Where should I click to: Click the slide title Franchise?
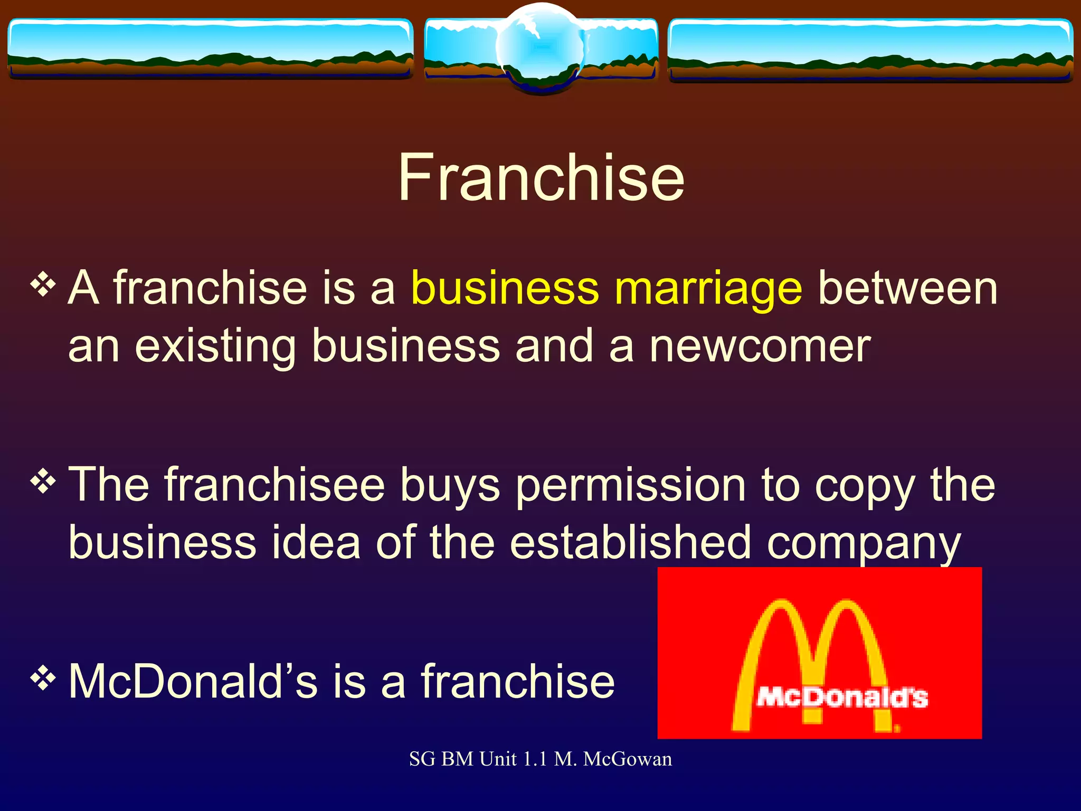pyautogui.click(x=541, y=177)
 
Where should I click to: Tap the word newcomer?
pyautogui.click(x=760, y=346)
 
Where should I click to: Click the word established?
pyautogui.click(x=630, y=543)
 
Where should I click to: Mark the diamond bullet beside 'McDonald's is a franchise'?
pyautogui.click(x=43, y=678)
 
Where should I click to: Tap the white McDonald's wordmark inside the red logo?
pyautogui.click(x=842, y=697)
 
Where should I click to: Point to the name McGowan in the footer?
pyautogui.click(x=628, y=759)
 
